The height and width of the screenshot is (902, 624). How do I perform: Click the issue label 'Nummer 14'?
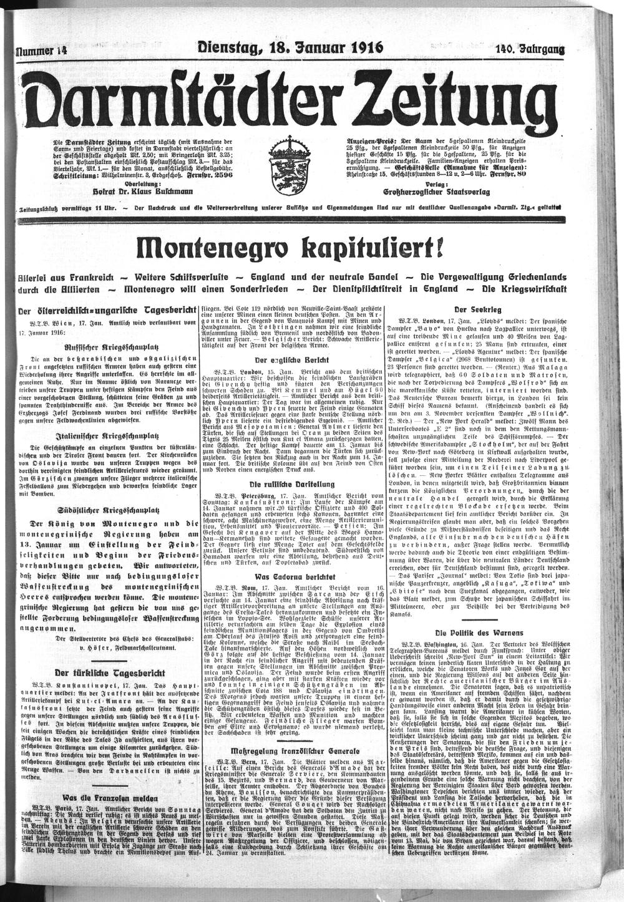pyautogui.click(x=41, y=52)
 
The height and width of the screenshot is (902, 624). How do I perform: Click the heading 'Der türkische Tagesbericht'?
pyautogui.click(x=110, y=673)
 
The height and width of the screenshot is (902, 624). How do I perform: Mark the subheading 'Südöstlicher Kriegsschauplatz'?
pyautogui.click(x=108, y=508)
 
